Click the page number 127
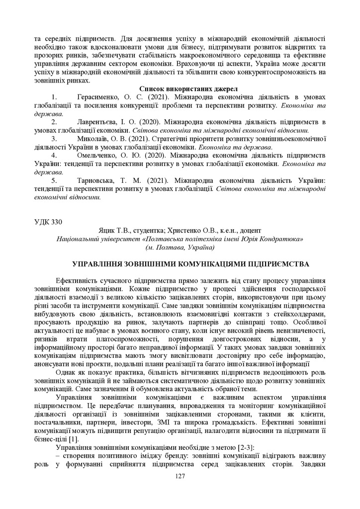pos(180,476)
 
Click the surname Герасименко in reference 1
pos(102,97)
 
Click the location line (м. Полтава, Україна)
pos(180,247)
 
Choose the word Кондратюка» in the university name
pos(282,239)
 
